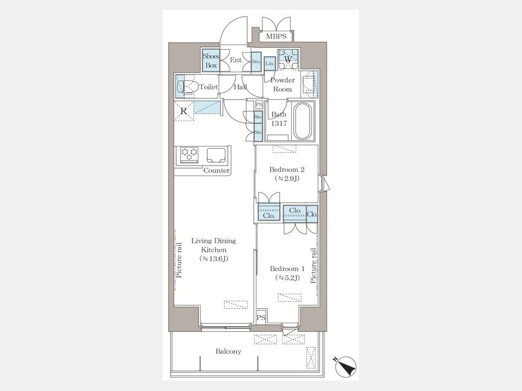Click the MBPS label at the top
click(276, 36)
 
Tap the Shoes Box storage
click(211, 61)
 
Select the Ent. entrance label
click(237, 60)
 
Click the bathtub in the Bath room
click(303, 121)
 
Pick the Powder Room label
click(282, 85)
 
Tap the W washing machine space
click(288, 59)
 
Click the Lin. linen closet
click(269, 64)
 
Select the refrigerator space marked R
click(183, 111)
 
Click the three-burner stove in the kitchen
click(189, 155)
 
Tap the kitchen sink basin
click(216, 155)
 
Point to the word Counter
click(216, 170)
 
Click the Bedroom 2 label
click(287, 170)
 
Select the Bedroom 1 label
click(287, 269)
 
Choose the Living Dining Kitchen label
click(213, 245)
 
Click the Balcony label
click(229, 352)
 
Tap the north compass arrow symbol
click(345, 367)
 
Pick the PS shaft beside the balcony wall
click(261, 318)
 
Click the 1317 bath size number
click(278, 123)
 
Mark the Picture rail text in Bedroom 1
click(313, 266)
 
